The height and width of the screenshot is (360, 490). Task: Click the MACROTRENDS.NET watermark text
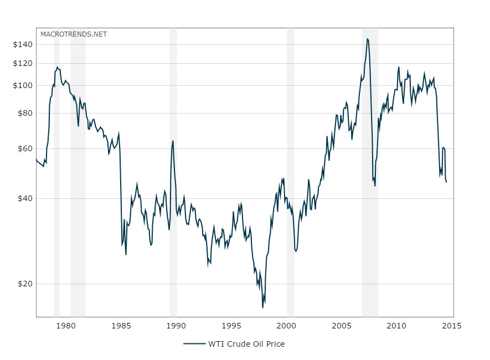pos(74,34)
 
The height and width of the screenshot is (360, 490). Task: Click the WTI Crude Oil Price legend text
pos(246,344)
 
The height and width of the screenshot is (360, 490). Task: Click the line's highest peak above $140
pos(367,39)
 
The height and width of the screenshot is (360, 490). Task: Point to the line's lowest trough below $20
pos(263,307)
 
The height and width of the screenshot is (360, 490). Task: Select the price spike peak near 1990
pos(173,141)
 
